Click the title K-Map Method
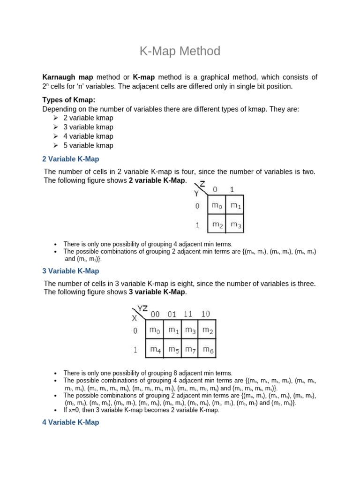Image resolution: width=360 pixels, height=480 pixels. tap(180, 51)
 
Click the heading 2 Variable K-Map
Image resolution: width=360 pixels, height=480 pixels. tap(71, 159)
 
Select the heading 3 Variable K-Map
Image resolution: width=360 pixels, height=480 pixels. tap(71, 271)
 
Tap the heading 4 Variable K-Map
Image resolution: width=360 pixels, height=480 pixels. tap(71, 422)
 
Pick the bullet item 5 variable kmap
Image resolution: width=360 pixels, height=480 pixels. tap(88, 145)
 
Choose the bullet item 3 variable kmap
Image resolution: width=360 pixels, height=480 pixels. tap(88, 127)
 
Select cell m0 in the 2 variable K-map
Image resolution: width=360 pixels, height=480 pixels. tap(217, 205)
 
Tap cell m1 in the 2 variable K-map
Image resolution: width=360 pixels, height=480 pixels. tap(236, 205)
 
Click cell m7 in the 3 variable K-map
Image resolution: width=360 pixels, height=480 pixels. tap(190, 349)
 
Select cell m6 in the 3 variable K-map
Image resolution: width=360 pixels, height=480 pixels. tap(207, 349)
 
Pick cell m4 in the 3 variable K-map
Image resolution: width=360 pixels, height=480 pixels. tap(155, 349)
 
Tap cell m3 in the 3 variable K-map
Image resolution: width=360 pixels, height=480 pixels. tap(190, 330)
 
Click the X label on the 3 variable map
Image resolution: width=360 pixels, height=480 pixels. tap(135, 318)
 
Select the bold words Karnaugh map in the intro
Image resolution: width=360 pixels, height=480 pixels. tap(67, 77)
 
